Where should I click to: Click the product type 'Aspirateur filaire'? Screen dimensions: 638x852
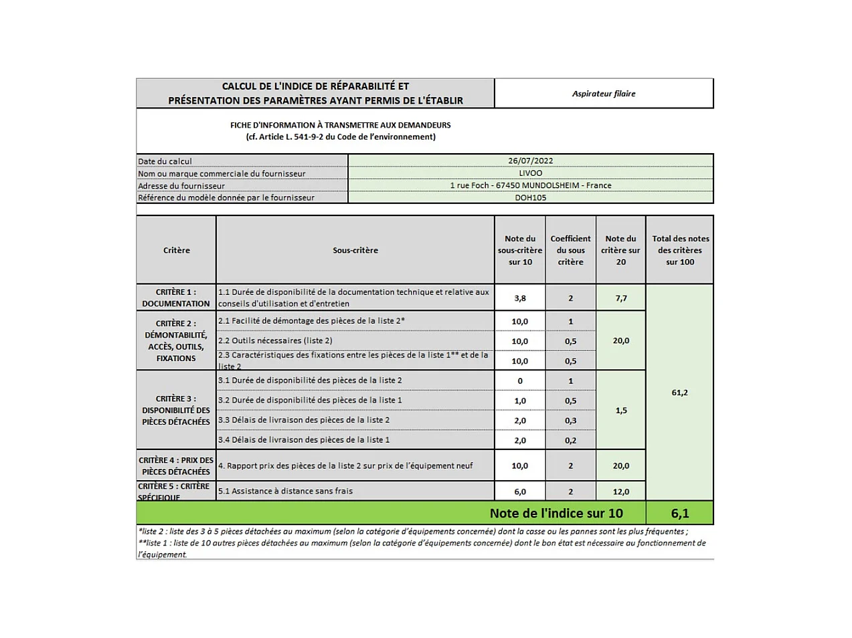[604, 94]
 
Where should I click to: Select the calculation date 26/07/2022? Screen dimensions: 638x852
[530, 161]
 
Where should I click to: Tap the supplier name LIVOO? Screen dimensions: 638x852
[530, 173]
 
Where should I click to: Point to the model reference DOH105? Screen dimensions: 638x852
[530, 197]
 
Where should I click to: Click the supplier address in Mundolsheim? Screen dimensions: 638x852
[530, 185]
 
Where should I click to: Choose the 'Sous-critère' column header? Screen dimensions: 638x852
[355, 250]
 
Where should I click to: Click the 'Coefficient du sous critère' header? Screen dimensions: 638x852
[570, 250]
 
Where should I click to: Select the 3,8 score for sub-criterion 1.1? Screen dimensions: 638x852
[520, 298]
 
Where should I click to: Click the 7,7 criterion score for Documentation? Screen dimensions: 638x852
[621, 298]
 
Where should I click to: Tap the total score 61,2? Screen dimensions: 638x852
[679, 393]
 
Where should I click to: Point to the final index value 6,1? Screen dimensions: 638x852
[680, 514]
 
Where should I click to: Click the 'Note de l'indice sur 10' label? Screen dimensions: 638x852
[556, 514]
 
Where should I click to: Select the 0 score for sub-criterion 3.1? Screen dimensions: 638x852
[520, 381]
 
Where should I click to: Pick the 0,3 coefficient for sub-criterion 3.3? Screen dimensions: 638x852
[570, 421]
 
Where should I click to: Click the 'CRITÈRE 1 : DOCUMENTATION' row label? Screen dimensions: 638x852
[176, 298]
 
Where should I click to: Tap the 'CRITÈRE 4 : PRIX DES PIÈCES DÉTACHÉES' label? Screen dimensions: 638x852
[176, 465]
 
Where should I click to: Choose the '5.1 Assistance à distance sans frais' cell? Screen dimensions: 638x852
[286, 491]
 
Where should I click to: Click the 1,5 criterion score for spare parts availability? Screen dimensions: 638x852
[621, 411]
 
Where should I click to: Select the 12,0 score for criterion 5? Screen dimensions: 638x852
[621, 492]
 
